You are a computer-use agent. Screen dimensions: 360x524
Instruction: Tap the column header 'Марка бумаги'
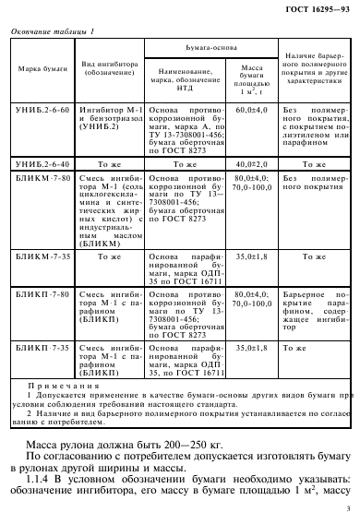point(36,70)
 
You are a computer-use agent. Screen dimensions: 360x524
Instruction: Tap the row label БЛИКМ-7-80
point(37,177)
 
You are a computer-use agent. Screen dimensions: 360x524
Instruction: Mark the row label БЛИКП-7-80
point(37,291)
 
